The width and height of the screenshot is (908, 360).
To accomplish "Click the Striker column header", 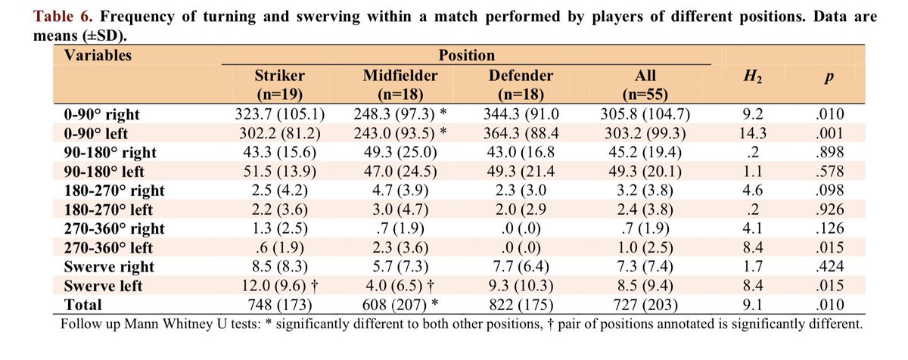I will coord(279,76).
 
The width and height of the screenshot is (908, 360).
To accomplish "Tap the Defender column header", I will coord(521,76).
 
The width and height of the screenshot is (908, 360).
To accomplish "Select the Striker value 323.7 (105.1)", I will coord(279,115).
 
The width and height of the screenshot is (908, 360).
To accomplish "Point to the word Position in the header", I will coord(467,55).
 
